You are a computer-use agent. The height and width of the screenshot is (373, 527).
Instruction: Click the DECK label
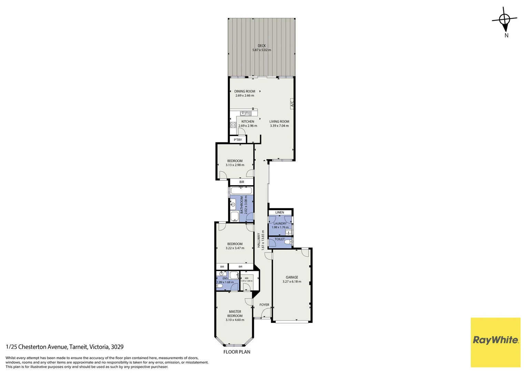(262, 46)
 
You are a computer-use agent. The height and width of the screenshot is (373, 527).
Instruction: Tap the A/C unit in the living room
(292, 103)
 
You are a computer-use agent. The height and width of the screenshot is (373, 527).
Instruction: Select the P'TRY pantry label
(238, 140)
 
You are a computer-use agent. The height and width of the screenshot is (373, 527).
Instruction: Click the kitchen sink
(245, 113)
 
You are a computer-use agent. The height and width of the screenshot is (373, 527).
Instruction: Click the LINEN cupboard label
(280, 212)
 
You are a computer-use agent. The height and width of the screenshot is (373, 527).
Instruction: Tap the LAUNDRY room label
(280, 223)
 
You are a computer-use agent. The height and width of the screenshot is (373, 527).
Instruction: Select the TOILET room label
(280, 239)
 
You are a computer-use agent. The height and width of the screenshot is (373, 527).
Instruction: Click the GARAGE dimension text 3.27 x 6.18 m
(292, 281)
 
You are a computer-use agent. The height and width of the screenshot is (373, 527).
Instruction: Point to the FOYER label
(264, 305)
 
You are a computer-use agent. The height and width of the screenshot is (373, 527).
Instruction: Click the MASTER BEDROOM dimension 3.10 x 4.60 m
(235, 320)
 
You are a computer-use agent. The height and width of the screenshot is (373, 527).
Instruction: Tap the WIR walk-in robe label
(247, 278)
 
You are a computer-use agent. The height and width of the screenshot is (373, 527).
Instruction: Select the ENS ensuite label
(225, 278)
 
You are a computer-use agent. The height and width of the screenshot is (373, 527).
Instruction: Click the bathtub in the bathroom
(241, 191)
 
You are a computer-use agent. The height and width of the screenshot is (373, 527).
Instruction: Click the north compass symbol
(505, 21)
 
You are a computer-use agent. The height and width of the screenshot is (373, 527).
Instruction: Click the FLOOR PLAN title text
(237, 352)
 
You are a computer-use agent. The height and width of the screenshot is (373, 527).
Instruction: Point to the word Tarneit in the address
(79, 347)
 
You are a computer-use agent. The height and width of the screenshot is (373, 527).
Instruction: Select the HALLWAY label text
(259, 240)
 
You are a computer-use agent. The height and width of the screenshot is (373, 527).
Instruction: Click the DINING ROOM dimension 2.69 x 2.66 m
(245, 96)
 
